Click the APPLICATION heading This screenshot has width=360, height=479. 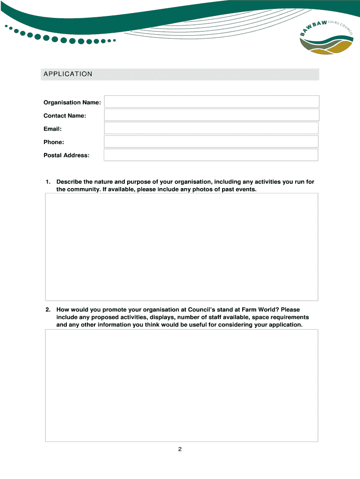point(68,74)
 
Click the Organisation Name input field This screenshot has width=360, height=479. point(211,102)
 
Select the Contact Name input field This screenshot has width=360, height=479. point(211,115)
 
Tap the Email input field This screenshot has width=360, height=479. point(211,129)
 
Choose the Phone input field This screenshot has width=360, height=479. point(211,142)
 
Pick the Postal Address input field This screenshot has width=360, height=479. point(211,155)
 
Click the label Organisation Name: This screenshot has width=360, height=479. point(72,102)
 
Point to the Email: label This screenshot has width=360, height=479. point(53,129)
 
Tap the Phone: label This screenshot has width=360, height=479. point(54,142)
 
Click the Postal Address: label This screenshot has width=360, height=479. point(66,155)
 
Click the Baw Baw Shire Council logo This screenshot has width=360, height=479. point(326,40)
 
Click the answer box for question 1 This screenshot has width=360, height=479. point(181,247)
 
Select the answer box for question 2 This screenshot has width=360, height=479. point(181,385)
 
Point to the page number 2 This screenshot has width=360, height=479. point(180,450)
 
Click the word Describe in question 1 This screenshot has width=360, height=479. point(69,181)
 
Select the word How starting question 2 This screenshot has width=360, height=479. point(63,310)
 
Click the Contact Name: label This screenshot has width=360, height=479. point(65,116)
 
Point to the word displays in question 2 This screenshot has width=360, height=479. point(164,317)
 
